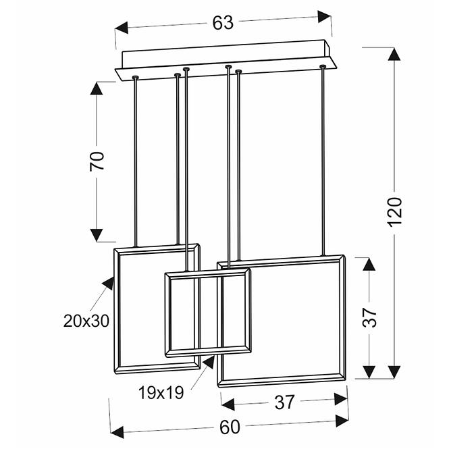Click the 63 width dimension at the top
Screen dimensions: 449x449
pos(223,22)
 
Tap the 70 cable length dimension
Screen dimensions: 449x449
pos(98,160)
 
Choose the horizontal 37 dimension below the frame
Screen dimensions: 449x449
pos(285,402)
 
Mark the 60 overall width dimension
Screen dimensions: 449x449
pos(230,427)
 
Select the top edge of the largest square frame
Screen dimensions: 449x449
pos(280,259)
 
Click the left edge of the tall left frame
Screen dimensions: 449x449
pos(116,311)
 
